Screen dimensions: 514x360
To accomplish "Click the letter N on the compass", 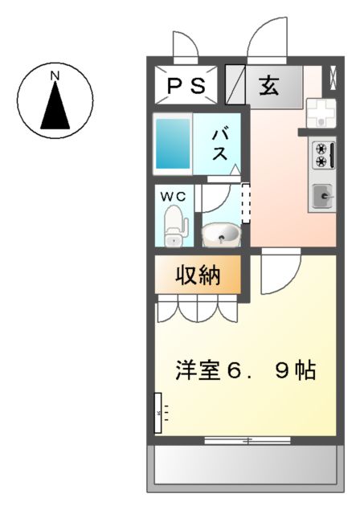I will pos(55,76).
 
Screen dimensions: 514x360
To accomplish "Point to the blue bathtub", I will pos(173,143).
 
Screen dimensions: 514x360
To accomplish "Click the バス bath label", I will pos(219,145).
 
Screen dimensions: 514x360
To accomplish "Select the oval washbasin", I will pos(220,235).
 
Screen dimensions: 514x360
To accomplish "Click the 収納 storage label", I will pos(198,275).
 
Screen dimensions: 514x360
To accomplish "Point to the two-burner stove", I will pos(321,155).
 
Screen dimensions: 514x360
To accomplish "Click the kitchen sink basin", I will pos(323,194).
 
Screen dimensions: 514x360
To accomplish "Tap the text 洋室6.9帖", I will pos(246,372).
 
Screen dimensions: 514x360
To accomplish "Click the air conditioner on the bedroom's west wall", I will pos(158,412).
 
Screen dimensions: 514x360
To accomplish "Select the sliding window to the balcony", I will pos(247,440).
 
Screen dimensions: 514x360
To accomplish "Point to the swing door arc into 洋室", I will pos(280,273).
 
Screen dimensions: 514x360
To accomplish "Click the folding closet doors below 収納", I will pos(198,308).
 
